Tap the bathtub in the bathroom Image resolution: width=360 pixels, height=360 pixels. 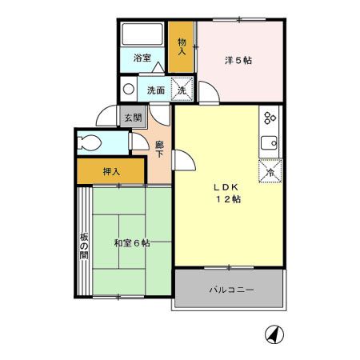tap(142, 36)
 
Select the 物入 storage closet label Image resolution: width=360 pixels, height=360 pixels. tap(182, 46)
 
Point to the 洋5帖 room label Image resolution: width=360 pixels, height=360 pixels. tap(238, 60)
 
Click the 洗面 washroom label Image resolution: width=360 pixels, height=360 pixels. tap(156, 90)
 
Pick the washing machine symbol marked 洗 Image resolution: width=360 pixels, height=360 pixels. tap(182, 89)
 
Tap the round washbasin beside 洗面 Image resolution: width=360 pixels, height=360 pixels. tap(129, 89)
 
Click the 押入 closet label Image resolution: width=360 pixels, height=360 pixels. tap(111, 171)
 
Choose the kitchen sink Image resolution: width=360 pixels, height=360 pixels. tap(269, 146)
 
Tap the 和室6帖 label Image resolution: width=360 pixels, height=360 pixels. tap(131, 242)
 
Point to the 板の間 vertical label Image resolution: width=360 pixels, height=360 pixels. tap(83, 249)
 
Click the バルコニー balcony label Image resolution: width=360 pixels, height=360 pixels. tap(232, 290)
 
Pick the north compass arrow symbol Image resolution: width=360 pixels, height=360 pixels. tap(273, 334)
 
